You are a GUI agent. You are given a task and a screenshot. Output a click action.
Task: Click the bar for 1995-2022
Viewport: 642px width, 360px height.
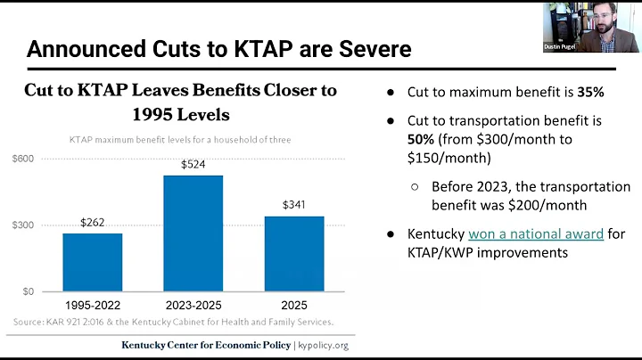coord(92,262)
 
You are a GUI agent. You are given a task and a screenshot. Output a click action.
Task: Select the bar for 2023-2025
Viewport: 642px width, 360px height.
coord(193,233)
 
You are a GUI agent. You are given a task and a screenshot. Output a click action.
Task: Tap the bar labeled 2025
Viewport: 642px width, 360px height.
coord(294,253)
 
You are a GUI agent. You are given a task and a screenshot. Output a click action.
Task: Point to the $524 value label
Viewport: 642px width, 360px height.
coord(193,164)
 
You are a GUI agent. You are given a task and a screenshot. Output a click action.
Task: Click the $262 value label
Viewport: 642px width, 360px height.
coord(93,223)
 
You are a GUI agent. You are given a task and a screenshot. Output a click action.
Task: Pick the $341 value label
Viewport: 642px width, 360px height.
coord(294,205)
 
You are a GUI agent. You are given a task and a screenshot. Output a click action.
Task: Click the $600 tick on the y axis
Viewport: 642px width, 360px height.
coord(23,159)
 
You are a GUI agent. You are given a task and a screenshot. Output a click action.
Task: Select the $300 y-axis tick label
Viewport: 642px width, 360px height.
coord(23,225)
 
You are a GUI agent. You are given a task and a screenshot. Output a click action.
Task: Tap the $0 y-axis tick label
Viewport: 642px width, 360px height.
coord(29,290)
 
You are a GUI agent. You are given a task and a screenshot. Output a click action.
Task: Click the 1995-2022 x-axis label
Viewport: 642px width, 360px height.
coord(92,304)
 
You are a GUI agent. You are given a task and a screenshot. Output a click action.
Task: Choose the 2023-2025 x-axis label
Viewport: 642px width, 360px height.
coord(193,304)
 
